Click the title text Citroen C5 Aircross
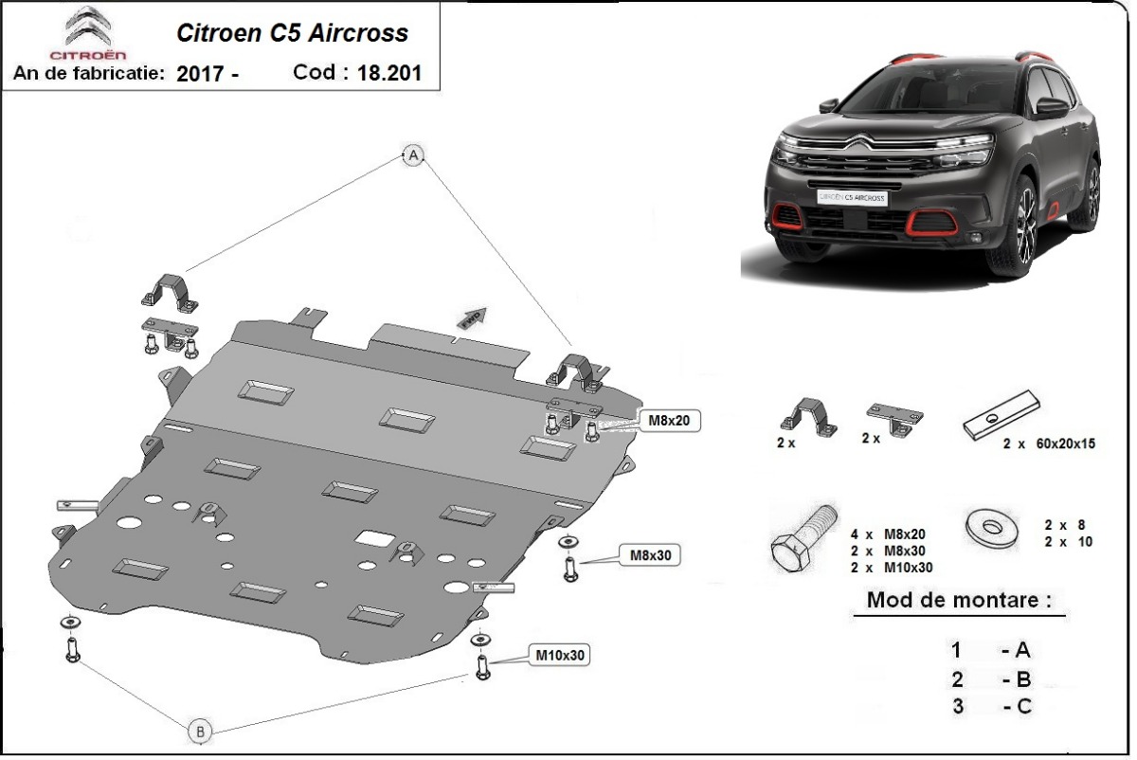tap(293, 33)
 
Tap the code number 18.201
tap(389, 73)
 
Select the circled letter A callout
tap(413, 155)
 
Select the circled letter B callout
tap(200, 731)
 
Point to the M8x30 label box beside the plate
tap(650, 555)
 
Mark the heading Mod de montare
tap(959, 600)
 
